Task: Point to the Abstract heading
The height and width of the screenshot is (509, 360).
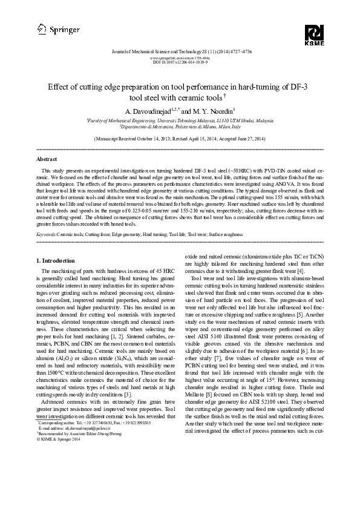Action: point(47,159)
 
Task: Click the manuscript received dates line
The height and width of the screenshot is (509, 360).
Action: point(180,139)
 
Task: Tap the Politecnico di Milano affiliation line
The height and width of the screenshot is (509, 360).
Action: point(180,127)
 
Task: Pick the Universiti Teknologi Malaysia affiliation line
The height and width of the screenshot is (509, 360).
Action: point(180,121)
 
